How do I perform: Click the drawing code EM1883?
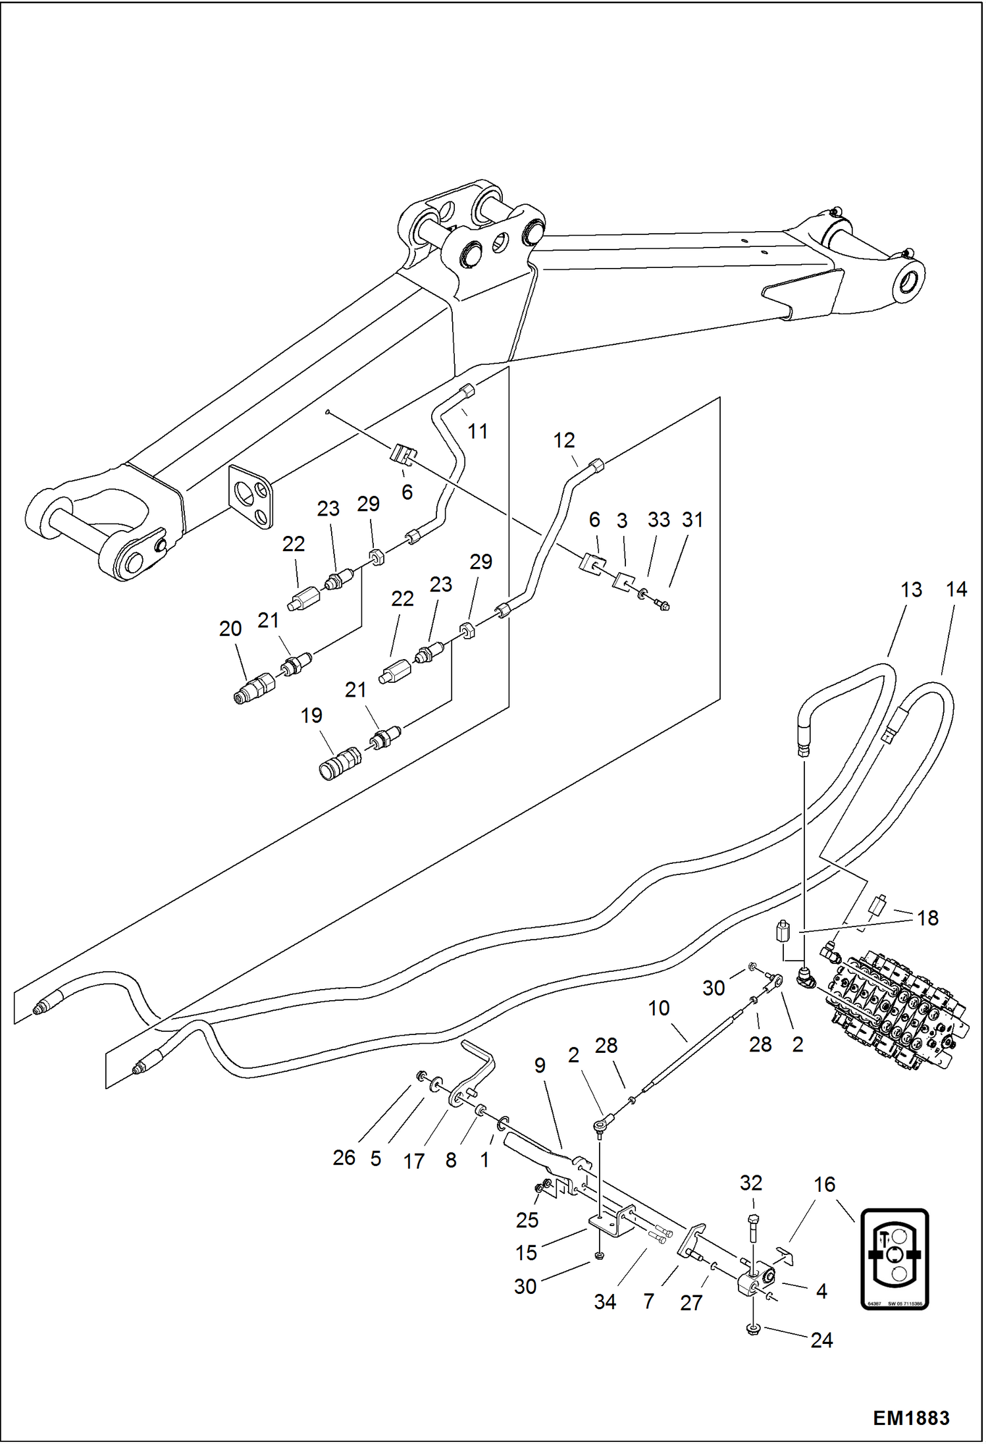pyautogui.click(x=911, y=1417)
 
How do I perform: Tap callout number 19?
pyautogui.click(x=311, y=715)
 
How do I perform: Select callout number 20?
pyautogui.click(x=230, y=629)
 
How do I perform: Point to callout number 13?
pyautogui.click(x=911, y=590)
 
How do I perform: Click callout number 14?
pyautogui.click(x=956, y=589)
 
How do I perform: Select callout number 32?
pyautogui.click(x=750, y=1183)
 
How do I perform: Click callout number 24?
pyautogui.click(x=821, y=1340)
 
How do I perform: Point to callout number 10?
pyautogui.click(x=658, y=1008)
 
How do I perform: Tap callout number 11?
pyautogui.click(x=478, y=431)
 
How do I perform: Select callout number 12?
pyautogui.click(x=564, y=440)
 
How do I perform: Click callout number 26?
pyautogui.click(x=344, y=1158)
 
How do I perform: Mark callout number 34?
pyautogui.click(x=605, y=1302)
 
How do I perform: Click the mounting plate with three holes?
pyautogui.click(x=251, y=496)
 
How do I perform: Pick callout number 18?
pyautogui.click(x=927, y=918)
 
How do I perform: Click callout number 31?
pyautogui.click(x=692, y=520)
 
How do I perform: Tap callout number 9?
pyautogui.click(x=540, y=1065)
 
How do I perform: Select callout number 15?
pyautogui.click(x=526, y=1252)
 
